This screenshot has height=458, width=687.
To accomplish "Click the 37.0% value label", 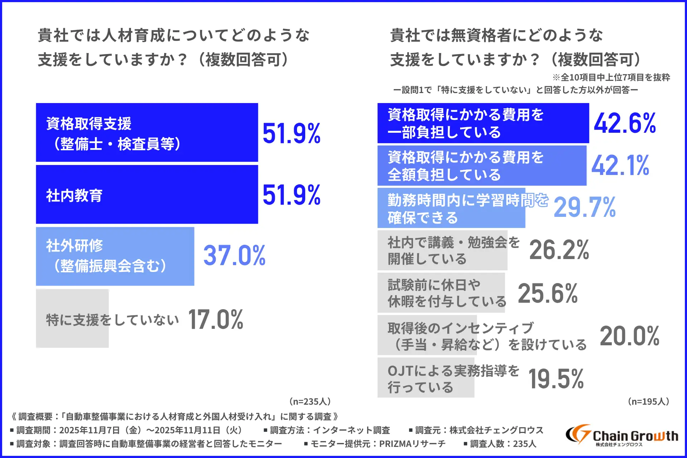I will point(234,255).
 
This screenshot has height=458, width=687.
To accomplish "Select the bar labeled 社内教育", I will point(147,195).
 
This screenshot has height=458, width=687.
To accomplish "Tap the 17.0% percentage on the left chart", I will point(215,319).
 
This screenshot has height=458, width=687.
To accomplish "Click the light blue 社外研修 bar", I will point(115,256).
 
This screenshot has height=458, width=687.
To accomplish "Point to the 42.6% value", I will point(625,123).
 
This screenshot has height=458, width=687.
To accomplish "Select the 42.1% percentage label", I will point(620,165).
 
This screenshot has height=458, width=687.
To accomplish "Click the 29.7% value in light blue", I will point(584,208).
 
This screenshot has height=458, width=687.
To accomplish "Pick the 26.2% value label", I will point(559,250).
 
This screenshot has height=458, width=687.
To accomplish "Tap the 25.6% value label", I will point(547,293).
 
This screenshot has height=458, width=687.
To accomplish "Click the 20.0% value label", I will point(629,336).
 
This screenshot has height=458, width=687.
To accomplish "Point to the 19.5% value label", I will point(556,379).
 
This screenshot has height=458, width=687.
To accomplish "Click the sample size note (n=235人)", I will point(310,401).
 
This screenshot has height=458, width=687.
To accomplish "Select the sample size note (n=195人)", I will point(648,401).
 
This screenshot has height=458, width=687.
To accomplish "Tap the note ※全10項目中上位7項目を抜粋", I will point(611,77).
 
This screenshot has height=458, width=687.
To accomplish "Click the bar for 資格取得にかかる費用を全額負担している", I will point(482,166).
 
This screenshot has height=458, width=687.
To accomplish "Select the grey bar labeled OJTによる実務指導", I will point(426,378).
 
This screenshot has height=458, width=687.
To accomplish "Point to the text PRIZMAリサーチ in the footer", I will point(412,444).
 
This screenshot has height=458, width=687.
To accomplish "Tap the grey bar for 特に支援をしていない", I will point(72,318).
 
